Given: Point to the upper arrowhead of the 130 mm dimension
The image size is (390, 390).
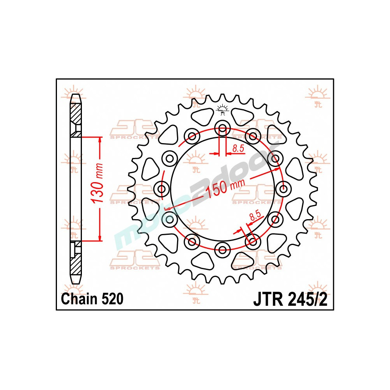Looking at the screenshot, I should tap(100, 140).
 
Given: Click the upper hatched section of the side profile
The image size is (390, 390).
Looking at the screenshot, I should tap(76, 115).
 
